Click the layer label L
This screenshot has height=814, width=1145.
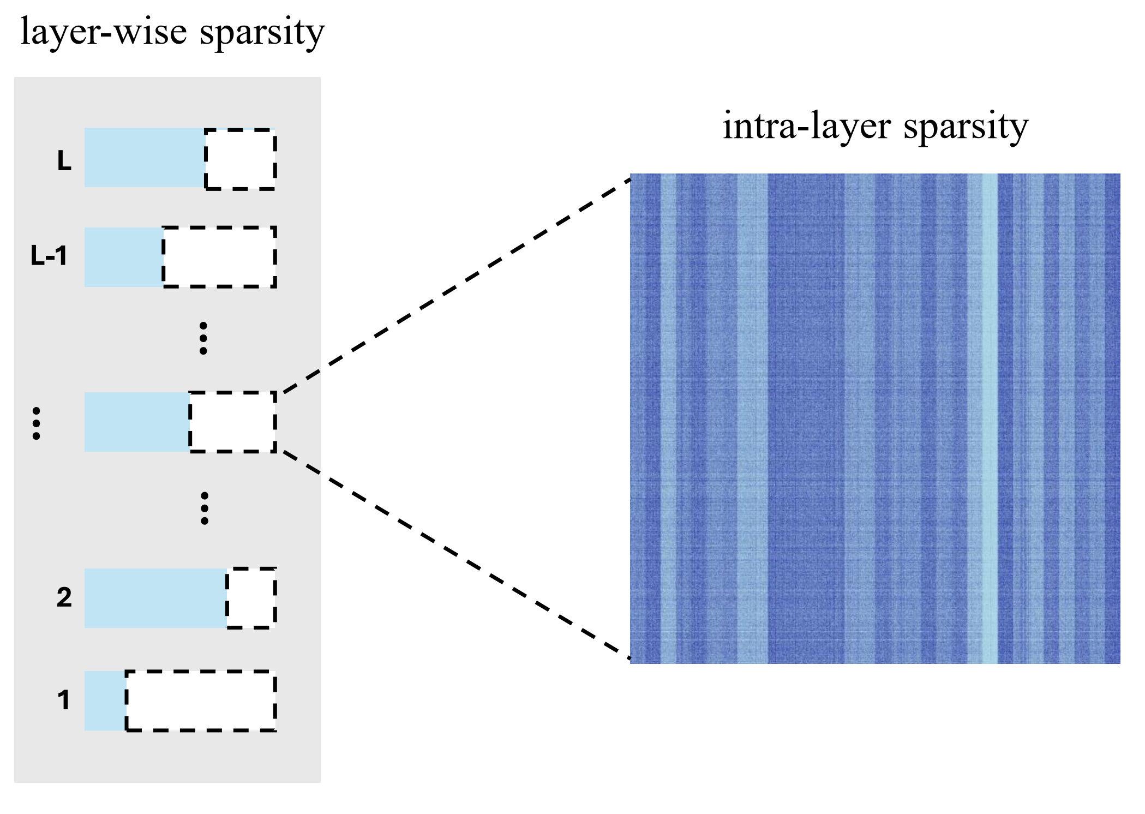[64, 161]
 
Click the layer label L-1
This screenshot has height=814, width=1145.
[49, 256]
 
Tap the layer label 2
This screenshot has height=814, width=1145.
[64, 598]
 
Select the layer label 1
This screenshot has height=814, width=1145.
[63, 700]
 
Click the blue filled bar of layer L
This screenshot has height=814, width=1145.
[145, 158]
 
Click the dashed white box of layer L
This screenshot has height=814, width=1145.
[240, 159]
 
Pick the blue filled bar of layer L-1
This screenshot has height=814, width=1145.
[123, 257]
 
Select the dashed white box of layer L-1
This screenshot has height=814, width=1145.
[219, 257]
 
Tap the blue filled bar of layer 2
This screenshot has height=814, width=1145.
[155, 598]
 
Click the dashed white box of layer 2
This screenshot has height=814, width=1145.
[251, 598]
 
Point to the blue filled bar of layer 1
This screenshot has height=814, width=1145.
[105, 701]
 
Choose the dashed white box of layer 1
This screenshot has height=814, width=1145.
[201, 701]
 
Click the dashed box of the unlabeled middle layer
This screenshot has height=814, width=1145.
[233, 422]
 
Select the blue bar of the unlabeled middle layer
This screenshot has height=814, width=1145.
[136, 422]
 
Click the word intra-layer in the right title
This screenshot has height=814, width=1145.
[807, 127]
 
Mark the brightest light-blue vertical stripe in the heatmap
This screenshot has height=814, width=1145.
[990, 418]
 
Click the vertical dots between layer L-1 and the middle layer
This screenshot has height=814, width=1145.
[203, 338]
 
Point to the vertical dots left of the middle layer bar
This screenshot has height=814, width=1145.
[36, 423]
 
